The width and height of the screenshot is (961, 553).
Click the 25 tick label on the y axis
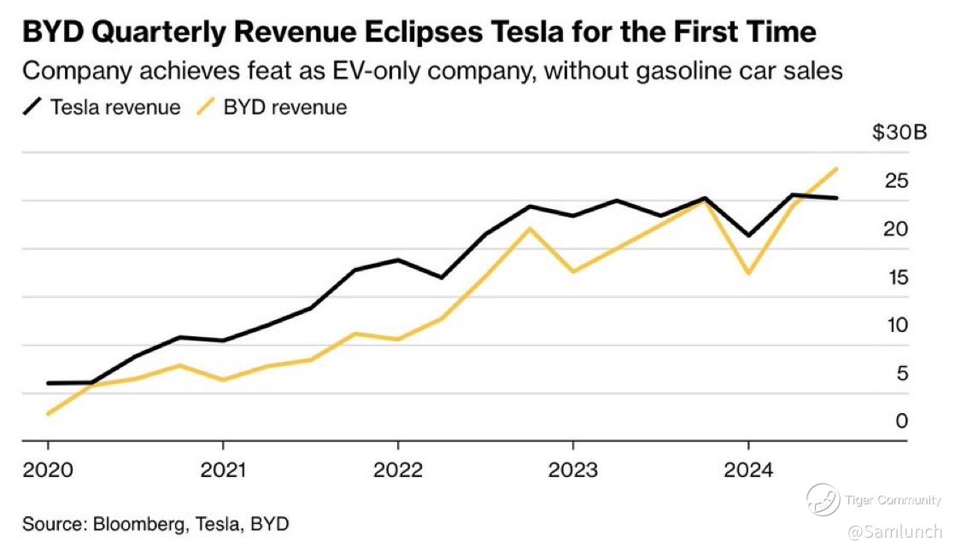896,181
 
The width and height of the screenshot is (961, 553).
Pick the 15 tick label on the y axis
896,277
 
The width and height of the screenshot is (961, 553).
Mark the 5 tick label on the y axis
901,374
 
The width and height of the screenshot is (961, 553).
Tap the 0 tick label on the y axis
901,422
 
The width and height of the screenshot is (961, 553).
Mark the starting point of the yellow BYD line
48,414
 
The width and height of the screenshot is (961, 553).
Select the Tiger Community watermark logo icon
823,499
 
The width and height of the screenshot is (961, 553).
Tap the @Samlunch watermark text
894,532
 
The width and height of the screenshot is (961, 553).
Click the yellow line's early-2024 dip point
749,273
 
